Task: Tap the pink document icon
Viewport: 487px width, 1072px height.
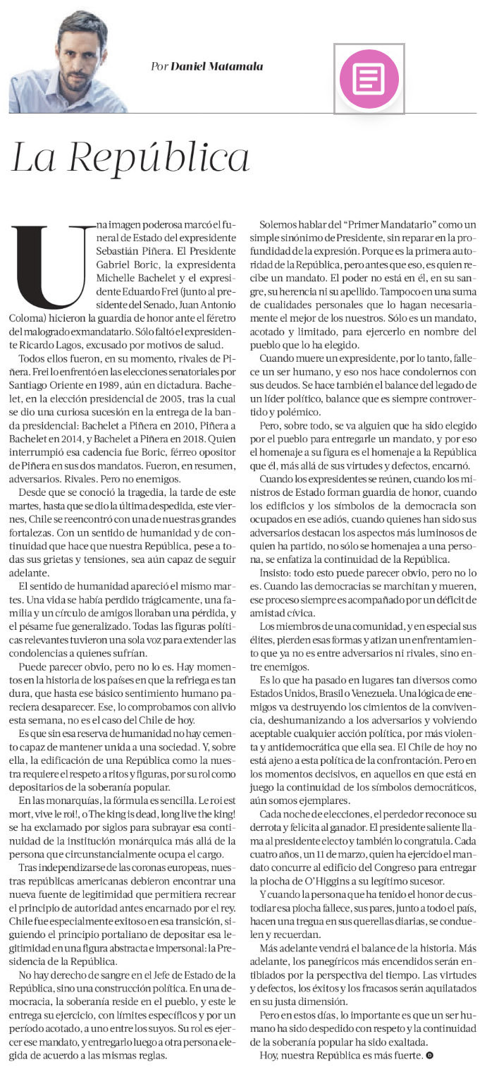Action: coord(369,78)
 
